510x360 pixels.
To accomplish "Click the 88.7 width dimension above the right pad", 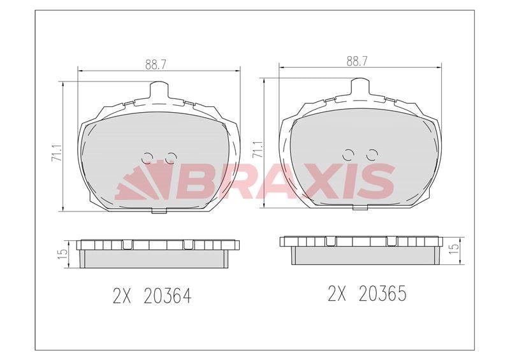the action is coord(357,61).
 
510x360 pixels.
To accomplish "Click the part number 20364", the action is coord(168,296).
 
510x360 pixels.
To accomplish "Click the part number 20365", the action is coord(382,293).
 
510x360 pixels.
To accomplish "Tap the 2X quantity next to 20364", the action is coord(122,296).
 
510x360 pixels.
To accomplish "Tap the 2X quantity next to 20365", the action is coord(337,293).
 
